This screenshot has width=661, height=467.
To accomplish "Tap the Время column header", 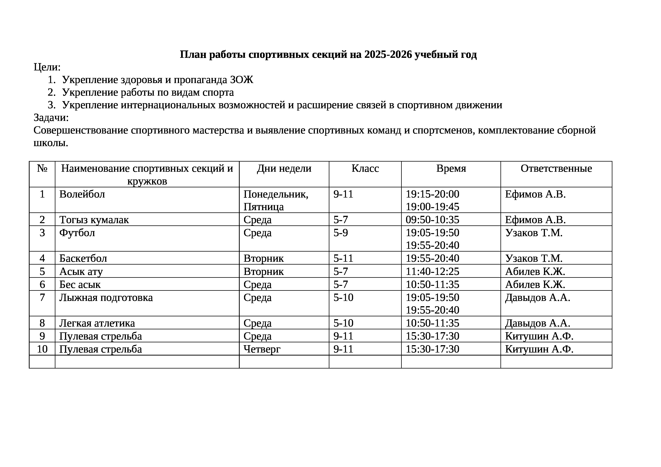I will click(x=451, y=168).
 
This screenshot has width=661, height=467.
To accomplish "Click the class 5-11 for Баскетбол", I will click(x=343, y=258).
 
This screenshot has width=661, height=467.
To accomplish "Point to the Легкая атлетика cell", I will click(x=97, y=323).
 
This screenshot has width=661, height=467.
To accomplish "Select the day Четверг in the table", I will click(x=262, y=349).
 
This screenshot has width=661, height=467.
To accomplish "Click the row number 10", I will click(x=42, y=349).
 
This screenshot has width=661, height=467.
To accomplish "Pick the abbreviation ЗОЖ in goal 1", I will click(x=242, y=80).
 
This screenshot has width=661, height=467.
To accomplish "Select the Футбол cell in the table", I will click(x=77, y=233).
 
